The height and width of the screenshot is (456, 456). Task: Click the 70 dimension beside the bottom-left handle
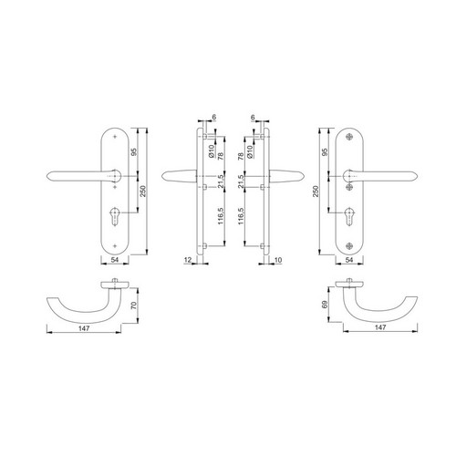pos(133,306)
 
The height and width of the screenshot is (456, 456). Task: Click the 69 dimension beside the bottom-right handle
pos(325,305)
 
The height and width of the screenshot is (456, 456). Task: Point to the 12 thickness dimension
pos(188,260)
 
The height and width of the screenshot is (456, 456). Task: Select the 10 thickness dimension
pos(278,260)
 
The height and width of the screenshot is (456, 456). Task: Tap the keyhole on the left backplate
pos(115,216)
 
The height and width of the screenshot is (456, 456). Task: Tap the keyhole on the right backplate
pos(349,216)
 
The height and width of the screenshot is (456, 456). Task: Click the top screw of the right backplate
pos(349,137)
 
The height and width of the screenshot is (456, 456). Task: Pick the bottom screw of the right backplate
pos(349,246)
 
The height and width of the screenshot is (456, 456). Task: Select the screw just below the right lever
pos(349,187)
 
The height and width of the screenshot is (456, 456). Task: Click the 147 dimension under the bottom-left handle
pos(84,328)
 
